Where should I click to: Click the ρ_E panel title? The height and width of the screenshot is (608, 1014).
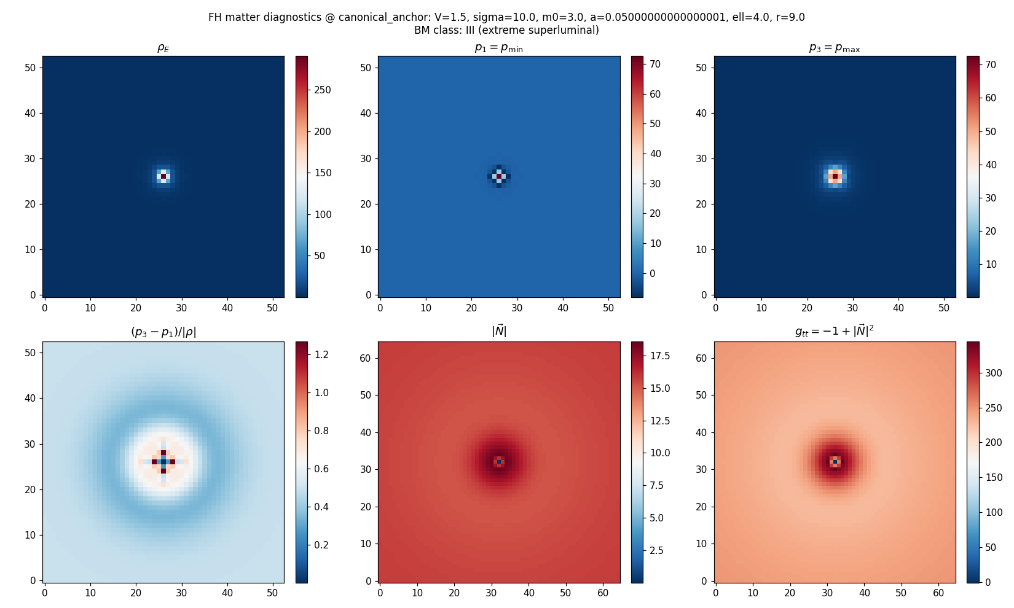163,48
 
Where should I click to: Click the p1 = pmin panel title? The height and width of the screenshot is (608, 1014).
498,48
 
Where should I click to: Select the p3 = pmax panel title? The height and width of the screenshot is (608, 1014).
834,48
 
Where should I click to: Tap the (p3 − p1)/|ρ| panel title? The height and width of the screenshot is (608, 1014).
163,332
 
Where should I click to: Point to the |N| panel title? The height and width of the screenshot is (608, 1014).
498,332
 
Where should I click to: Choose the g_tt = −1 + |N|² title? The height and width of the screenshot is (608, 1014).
834,332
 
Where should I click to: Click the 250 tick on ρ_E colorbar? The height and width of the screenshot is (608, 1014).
323,90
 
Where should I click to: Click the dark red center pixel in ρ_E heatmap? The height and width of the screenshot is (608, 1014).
163,176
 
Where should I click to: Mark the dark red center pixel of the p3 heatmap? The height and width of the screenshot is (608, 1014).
835,176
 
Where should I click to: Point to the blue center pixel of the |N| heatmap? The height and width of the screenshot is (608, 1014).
499,462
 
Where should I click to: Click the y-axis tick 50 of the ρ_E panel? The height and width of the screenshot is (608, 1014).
31,68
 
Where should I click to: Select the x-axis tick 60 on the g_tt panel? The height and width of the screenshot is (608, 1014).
938,593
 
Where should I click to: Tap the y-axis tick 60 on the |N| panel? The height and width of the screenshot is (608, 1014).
366,358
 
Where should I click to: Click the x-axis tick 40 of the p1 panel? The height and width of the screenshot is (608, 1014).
563,308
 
